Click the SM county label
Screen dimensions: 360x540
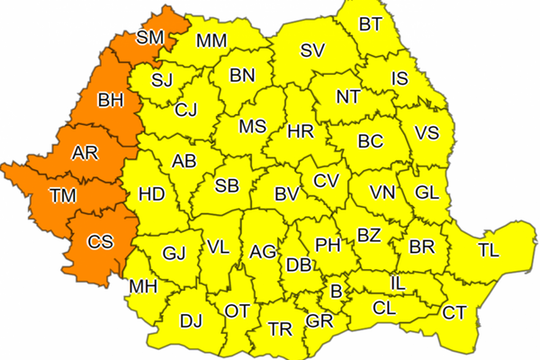click(x=150, y=37)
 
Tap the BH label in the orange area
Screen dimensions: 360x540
click(x=111, y=101)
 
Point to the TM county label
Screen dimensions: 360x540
click(x=63, y=194)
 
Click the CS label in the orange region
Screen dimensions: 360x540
click(x=100, y=241)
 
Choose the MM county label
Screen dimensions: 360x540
click(x=212, y=40)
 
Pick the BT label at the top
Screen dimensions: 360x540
click(x=370, y=24)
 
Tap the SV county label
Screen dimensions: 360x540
click(x=311, y=49)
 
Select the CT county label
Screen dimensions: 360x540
click(x=454, y=312)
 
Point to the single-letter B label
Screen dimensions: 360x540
click(x=337, y=291)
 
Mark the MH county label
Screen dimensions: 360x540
click(x=144, y=287)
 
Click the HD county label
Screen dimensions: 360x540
click(x=151, y=193)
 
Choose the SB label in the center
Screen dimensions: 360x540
click(x=227, y=186)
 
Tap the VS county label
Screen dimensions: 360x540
click(x=427, y=132)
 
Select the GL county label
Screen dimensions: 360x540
click(x=427, y=193)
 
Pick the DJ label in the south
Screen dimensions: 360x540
click(x=191, y=319)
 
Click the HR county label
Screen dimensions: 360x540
click(x=300, y=131)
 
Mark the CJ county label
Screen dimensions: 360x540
click(x=186, y=111)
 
